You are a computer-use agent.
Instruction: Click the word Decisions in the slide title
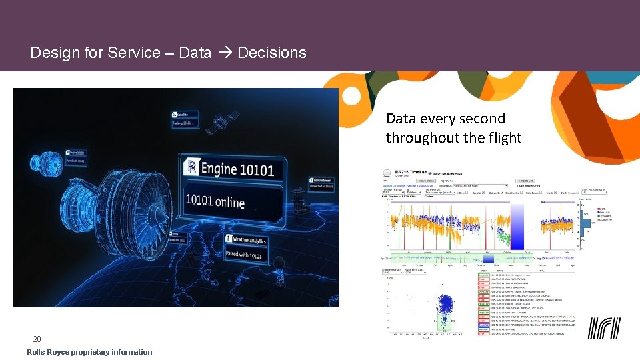click(272, 53)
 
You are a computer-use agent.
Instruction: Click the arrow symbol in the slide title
click(225, 53)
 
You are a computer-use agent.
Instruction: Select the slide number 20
click(37, 339)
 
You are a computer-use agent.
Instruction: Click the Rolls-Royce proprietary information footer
click(89, 352)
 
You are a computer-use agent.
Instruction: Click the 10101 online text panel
click(215, 201)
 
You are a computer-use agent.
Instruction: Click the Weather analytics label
click(249, 239)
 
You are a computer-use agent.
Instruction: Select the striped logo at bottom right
click(603, 328)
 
